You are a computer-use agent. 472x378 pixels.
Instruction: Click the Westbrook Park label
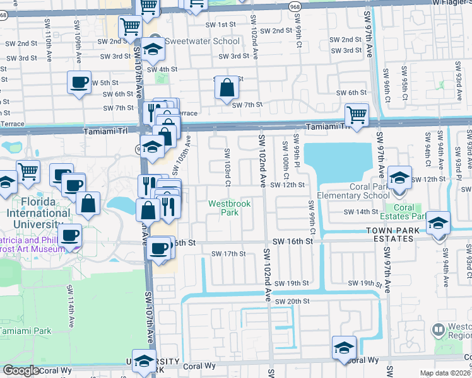224,208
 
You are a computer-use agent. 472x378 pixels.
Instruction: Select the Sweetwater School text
202,42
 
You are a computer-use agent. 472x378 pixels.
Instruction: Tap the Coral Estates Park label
404,212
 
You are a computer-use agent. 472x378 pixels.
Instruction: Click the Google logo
21,370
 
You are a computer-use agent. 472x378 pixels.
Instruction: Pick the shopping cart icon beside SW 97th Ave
357,115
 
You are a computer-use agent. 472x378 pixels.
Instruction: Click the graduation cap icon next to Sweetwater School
151,49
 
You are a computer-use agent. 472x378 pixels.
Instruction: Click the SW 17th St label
228,254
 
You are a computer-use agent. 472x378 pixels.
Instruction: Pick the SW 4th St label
162,69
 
